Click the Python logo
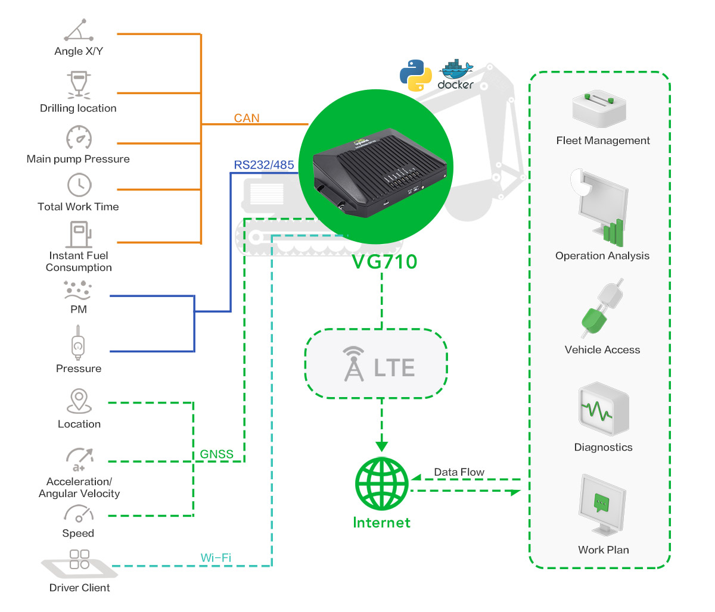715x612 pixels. [x=415, y=75]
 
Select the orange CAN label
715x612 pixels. [x=246, y=118]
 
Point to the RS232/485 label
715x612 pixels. [x=263, y=165]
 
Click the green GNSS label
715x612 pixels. [x=216, y=454]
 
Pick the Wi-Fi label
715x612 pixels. [x=216, y=557]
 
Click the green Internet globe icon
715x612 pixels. [x=381, y=483]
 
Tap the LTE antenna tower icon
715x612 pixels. [x=354, y=364]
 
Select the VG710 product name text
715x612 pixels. [x=385, y=261]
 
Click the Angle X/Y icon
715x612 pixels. [x=79, y=30]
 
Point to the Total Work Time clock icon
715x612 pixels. [x=79, y=185]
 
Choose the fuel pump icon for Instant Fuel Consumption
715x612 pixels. [x=79, y=235]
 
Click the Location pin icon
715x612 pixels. [x=79, y=401]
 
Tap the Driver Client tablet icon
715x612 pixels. [x=80, y=564]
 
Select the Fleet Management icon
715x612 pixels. [x=599, y=109]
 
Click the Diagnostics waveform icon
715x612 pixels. [x=604, y=409]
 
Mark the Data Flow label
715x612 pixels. [x=459, y=472]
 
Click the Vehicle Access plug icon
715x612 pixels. [x=602, y=308]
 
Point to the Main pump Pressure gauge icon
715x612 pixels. [x=79, y=137]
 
